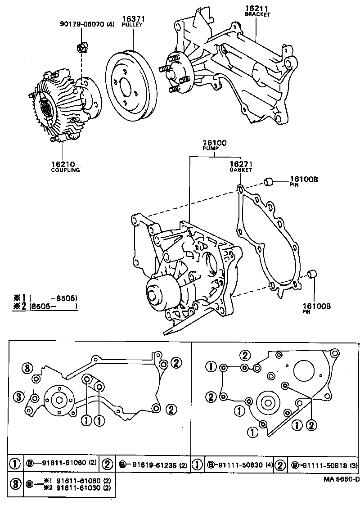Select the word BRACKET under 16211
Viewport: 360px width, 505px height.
click(x=257, y=14)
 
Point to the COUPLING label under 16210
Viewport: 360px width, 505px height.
click(x=65, y=170)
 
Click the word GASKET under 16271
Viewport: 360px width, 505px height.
click(x=241, y=170)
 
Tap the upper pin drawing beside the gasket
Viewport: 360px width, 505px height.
click(x=269, y=181)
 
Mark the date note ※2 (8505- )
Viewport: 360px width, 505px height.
click(x=45, y=307)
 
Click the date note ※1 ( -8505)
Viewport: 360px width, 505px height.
click(x=45, y=298)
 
